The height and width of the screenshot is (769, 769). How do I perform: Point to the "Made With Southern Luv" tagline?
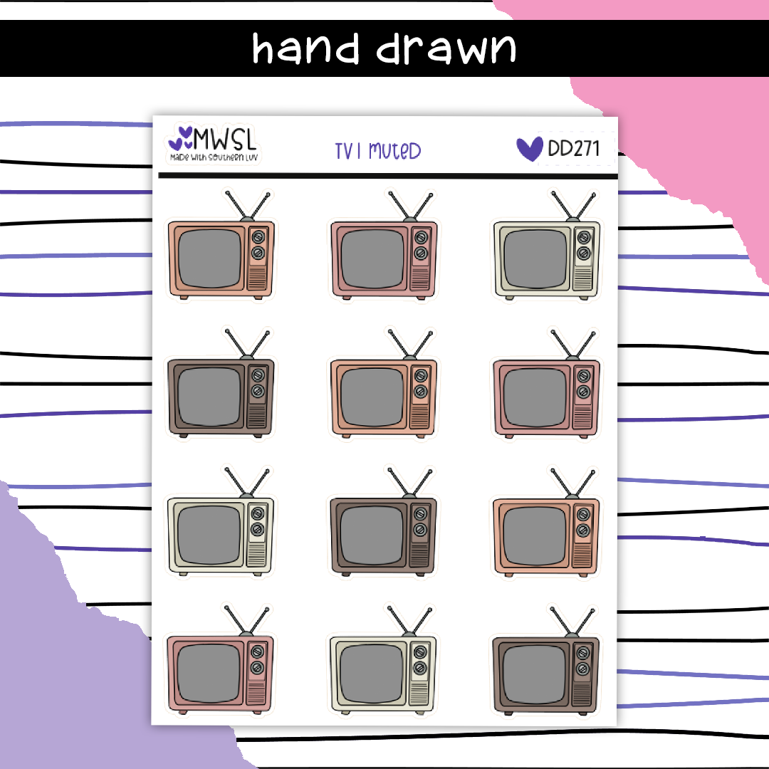point(213,155)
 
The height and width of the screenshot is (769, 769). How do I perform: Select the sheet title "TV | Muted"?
point(378,151)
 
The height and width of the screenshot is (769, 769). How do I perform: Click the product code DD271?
point(573,148)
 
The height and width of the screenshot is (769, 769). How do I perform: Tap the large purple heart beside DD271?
point(529,148)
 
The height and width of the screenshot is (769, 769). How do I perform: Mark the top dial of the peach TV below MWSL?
point(258,238)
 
